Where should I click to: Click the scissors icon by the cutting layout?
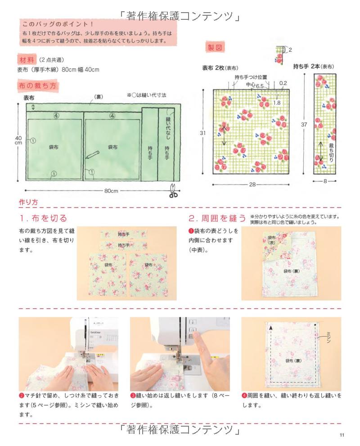click(173, 190)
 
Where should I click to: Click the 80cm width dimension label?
click(111, 190)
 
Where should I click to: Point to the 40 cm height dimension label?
click(18, 140)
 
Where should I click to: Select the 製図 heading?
click(215, 48)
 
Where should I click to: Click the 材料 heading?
click(27, 60)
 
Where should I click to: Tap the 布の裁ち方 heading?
click(37, 86)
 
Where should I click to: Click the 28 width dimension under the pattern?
click(252, 185)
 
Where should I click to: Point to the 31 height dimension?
click(202, 133)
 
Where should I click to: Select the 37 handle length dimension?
click(304, 124)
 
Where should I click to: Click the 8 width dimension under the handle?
click(325, 181)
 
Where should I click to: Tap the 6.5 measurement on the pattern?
click(260, 86)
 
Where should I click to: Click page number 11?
click(342, 435)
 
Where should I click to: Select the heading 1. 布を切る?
click(43, 218)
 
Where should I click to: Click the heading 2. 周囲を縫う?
click(217, 218)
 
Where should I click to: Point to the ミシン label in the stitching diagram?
click(328, 337)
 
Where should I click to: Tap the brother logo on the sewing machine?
click(95, 332)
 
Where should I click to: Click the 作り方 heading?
click(28, 202)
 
